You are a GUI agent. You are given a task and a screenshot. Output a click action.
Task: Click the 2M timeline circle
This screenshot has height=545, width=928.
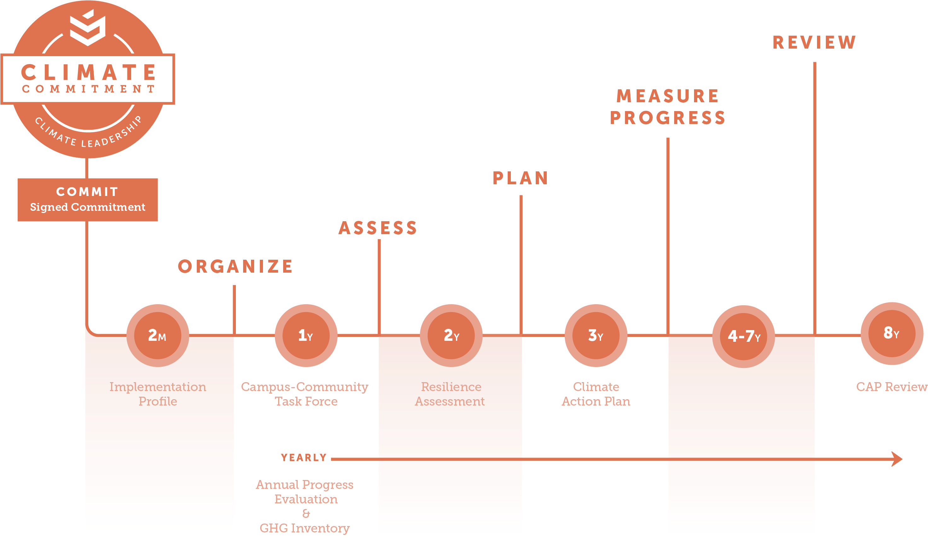158,335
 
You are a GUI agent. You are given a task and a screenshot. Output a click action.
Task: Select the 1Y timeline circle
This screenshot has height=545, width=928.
306,335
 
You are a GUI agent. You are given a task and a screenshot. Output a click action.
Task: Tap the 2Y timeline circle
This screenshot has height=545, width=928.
451,335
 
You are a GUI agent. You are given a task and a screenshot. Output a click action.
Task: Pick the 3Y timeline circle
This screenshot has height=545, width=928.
596,335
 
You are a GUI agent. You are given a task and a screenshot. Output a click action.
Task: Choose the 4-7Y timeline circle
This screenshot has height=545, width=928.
744,336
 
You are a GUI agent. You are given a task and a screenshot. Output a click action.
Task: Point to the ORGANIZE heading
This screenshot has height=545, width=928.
235,266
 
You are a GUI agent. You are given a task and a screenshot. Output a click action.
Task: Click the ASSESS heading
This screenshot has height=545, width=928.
378,228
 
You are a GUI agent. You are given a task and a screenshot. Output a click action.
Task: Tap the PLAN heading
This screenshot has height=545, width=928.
520,178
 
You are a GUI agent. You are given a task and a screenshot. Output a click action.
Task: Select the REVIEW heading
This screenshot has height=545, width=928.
814,42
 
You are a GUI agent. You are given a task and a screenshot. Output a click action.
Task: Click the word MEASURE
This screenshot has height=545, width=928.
668,96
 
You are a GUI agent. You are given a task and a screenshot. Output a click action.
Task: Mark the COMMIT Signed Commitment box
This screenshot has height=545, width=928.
88,200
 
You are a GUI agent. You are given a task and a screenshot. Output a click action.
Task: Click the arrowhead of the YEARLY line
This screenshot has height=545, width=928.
897,459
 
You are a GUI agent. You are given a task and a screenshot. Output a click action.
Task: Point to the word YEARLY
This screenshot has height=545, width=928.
304,458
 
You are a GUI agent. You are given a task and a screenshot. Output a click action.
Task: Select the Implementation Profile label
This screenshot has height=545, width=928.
158,394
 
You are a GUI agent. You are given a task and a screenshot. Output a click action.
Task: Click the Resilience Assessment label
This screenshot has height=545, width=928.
450,394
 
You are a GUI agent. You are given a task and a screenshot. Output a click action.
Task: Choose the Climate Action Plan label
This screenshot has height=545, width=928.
596,394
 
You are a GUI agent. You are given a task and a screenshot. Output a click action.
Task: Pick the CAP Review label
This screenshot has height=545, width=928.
891,387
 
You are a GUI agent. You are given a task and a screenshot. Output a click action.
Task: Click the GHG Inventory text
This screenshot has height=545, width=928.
305,528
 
